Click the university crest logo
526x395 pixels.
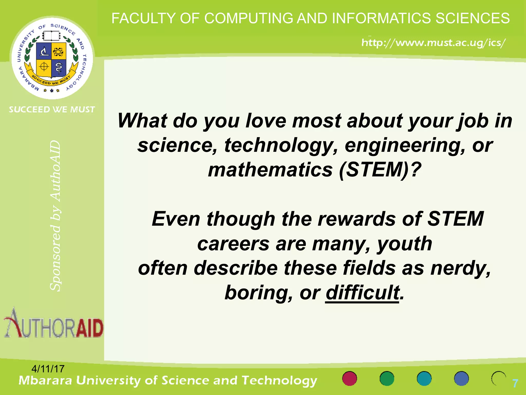tap(52, 58)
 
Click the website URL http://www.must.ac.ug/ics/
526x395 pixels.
tap(433, 42)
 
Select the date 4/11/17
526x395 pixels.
tap(48, 369)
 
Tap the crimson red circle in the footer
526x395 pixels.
tap(350, 379)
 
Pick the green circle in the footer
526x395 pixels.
tap(387, 379)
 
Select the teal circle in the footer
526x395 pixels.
tap(424, 379)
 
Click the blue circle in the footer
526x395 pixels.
tap(461, 379)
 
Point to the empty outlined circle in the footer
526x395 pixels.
tap(499, 379)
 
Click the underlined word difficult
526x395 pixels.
tap(362, 293)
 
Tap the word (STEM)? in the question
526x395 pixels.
tap(380, 170)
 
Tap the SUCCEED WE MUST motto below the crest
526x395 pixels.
tap(52, 110)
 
